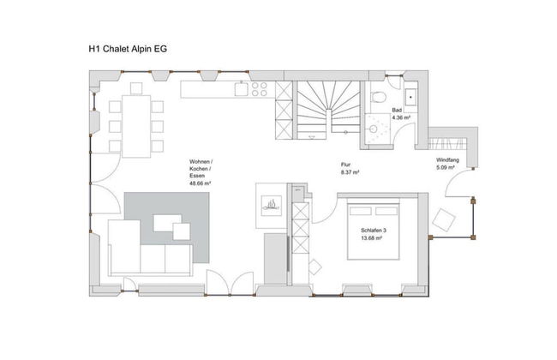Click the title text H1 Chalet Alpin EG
click(x=128, y=50)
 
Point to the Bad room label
click(x=397, y=111)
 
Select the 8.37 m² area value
click(x=349, y=172)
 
